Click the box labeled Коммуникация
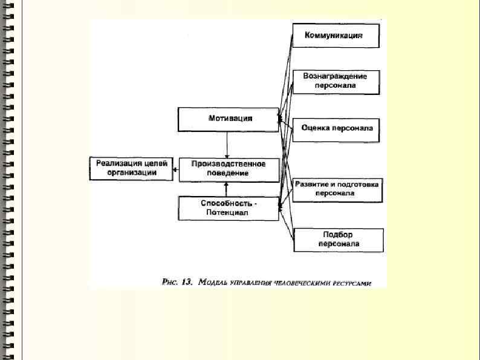coord(337,36)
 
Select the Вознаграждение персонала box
coord(337,82)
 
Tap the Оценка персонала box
coord(337,129)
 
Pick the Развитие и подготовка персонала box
coord(337,188)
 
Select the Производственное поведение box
coord(229,169)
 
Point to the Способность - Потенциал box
coord(229,208)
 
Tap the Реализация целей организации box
coord(130,168)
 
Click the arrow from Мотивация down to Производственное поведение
coord(227,145)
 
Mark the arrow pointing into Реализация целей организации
coord(175,170)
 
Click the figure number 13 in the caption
coord(186,281)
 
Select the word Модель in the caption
coord(212,281)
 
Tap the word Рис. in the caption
coord(170,281)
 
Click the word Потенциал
coord(229,212)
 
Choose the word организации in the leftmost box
coord(131,172)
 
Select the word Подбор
coord(338,234)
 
